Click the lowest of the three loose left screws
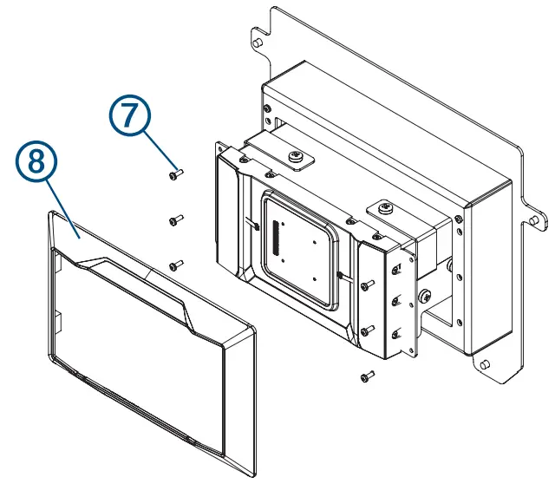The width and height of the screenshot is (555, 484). tap(173, 265)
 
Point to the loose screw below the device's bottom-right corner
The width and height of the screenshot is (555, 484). tap(368, 376)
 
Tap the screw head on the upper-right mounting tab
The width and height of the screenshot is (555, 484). tap(383, 208)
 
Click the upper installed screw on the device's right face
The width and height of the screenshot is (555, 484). tap(369, 283)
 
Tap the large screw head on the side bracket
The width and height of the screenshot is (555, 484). tap(425, 297)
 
